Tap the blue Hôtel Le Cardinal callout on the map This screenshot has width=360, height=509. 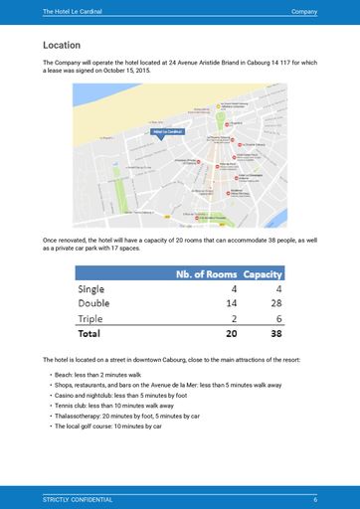(166, 131)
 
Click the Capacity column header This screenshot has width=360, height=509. (264, 274)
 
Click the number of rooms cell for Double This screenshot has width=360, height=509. (231, 303)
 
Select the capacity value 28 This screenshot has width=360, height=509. (275, 303)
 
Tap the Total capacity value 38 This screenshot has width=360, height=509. (274, 334)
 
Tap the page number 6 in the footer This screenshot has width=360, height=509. (314, 499)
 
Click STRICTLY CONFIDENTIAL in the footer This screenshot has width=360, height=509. (78, 499)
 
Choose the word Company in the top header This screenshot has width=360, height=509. (304, 10)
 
